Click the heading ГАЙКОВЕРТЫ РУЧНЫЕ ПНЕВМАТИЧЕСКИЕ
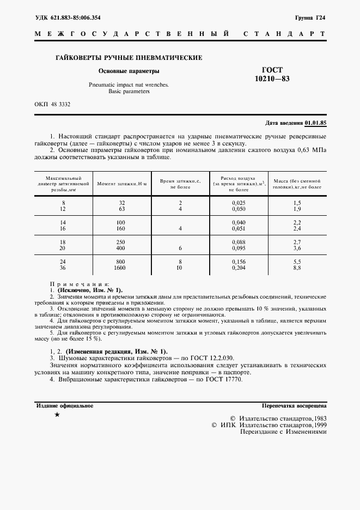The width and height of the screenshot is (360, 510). tap(130, 57)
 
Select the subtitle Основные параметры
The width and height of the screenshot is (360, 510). tap(129, 71)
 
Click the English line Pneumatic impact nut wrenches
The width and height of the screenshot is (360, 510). tap(129, 85)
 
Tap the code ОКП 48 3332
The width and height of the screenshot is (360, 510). tap(53, 104)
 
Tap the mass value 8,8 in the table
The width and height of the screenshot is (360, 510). tap(297, 268)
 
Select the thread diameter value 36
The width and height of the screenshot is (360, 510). tap(63, 268)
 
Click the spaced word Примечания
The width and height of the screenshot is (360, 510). tap(80, 284)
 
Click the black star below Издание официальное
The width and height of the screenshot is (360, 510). tap(57, 415)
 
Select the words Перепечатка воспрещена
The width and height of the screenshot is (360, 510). tap(294, 406)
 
